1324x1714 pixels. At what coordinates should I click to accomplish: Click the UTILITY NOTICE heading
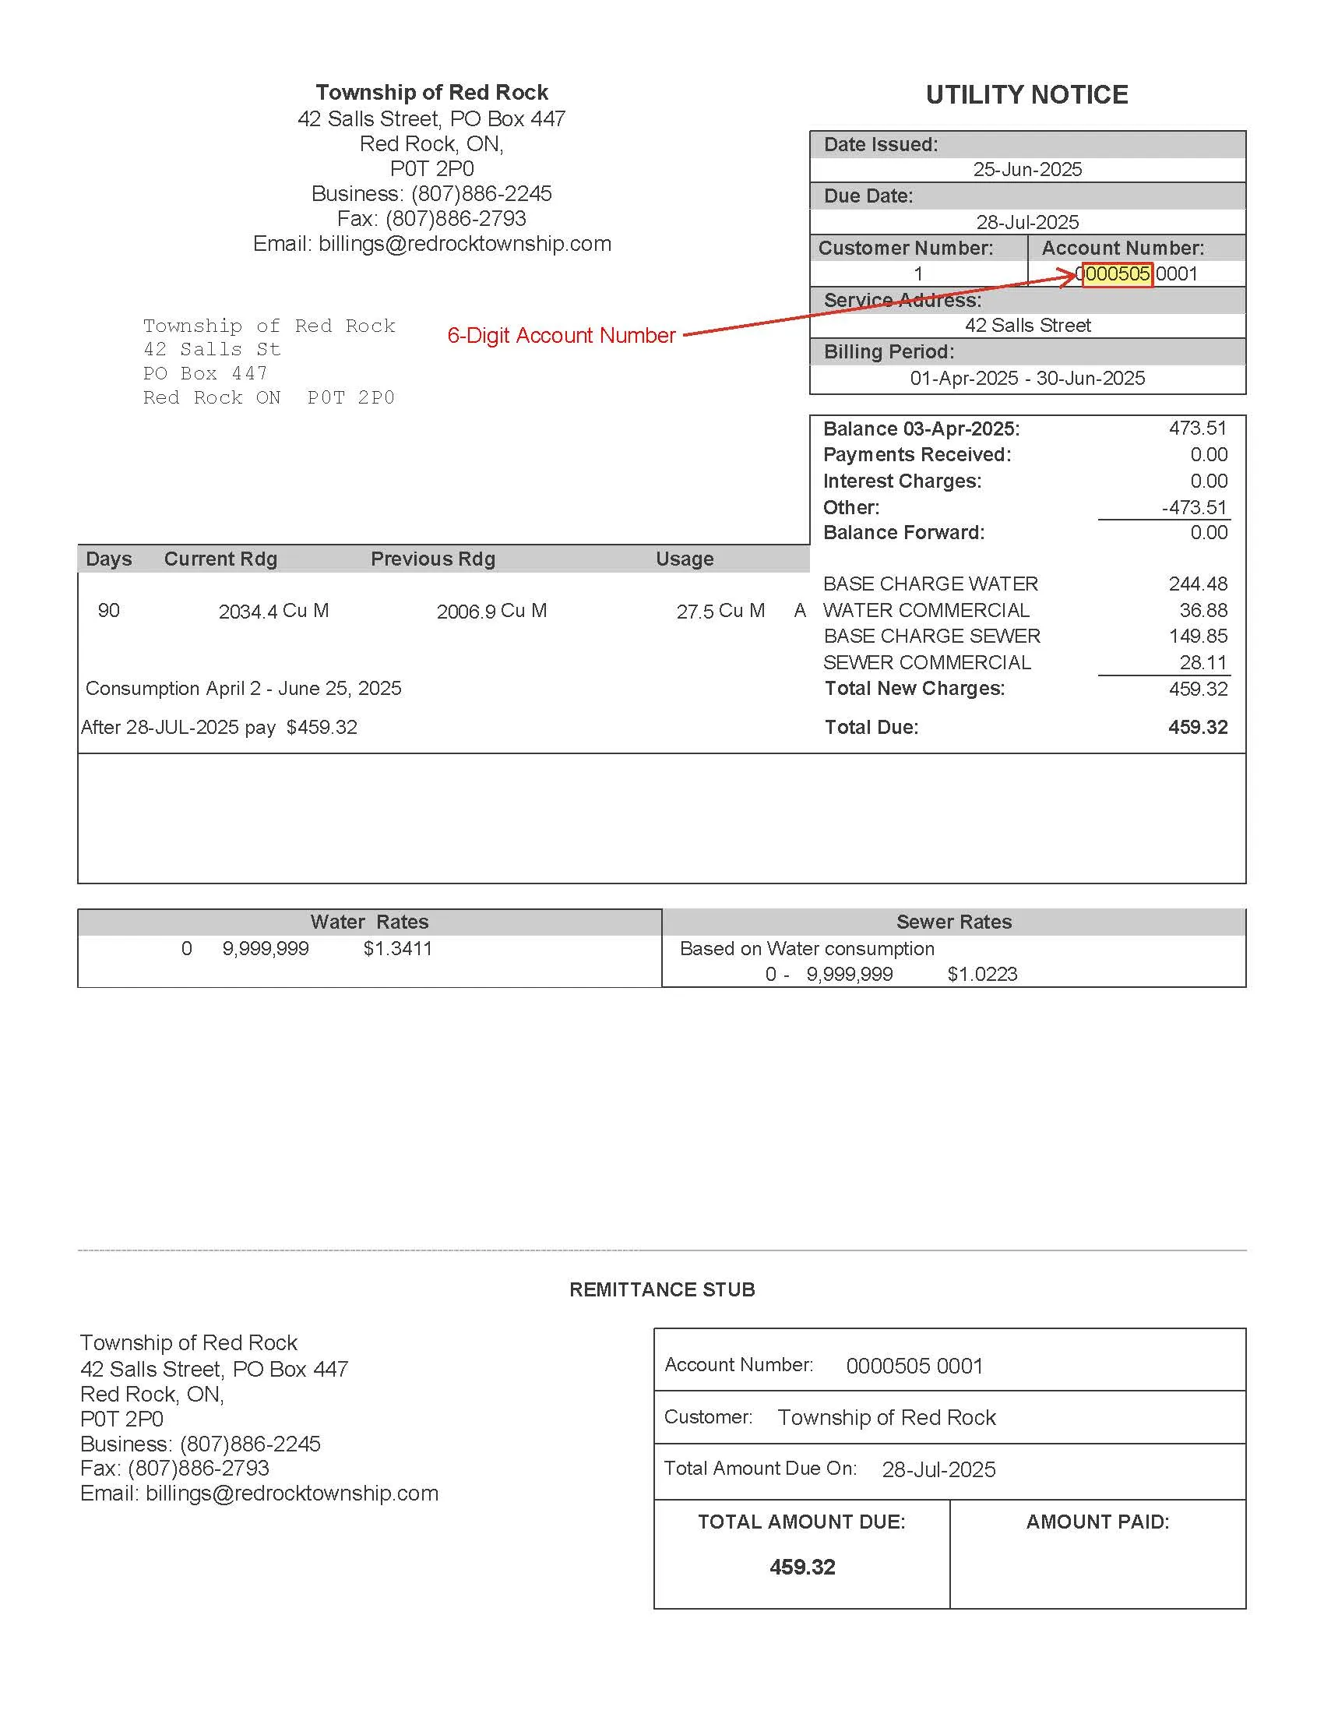click(x=1026, y=95)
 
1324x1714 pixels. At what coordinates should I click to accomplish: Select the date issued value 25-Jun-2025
click(x=1026, y=170)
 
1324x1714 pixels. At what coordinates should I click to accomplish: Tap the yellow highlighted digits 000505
click(x=1117, y=274)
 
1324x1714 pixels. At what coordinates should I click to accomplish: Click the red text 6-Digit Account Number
click(x=561, y=335)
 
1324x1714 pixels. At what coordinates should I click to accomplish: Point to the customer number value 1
click(x=917, y=274)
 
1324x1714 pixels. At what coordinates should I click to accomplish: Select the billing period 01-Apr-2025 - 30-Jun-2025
click(x=1026, y=379)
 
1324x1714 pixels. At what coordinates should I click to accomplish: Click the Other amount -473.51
click(x=1194, y=507)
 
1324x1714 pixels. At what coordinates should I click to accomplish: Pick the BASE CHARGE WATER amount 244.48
click(x=1198, y=584)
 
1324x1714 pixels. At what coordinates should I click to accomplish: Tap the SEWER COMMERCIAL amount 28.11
click(x=1203, y=662)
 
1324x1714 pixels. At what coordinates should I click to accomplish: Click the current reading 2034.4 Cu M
click(x=273, y=611)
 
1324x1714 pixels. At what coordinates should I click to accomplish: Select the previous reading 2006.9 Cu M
click(x=491, y=611)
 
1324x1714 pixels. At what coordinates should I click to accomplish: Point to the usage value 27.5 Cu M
click(x=720, y=611)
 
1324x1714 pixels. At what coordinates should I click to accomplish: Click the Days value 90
click(x=109, y=611)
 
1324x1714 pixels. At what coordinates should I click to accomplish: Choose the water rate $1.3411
click(x=398, y=948)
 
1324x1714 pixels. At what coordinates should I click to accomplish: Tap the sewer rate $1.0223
click(x=982, y=974)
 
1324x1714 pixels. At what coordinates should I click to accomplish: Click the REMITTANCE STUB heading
click(x=662, y=1289)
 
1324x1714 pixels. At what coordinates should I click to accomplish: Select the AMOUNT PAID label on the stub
click(x=1097, y=1522)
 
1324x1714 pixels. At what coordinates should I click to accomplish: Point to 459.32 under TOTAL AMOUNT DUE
click(x=801, y=1568)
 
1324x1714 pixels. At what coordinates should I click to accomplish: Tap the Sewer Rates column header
click(x=954, y=922)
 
